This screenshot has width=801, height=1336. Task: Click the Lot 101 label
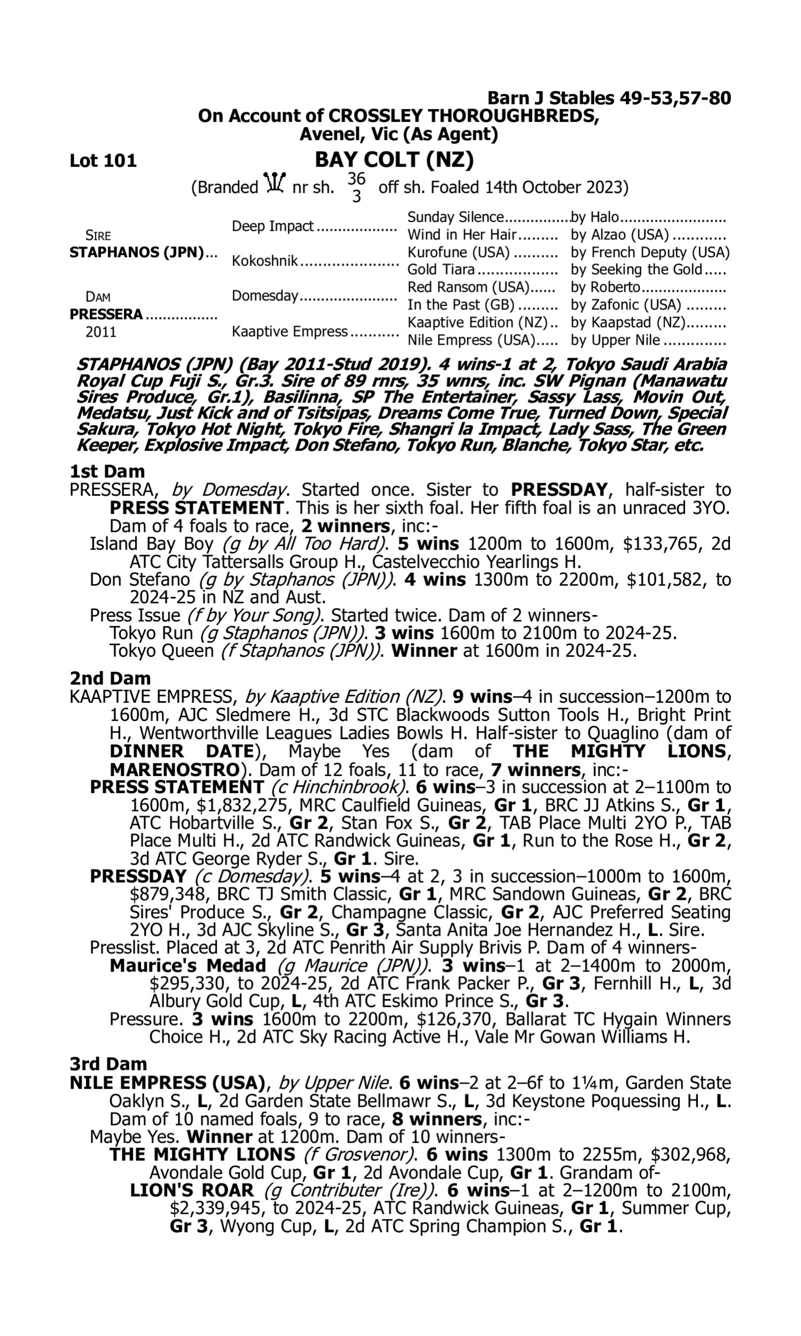click(103, 161)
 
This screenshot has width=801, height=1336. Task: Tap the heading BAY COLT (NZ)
click(394, 160)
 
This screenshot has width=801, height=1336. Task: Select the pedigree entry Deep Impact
click(272, 226)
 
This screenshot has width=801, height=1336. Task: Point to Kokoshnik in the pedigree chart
click(264, 261)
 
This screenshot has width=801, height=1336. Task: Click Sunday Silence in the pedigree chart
click(455, 217)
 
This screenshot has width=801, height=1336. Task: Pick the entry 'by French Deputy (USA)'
click(650, 252)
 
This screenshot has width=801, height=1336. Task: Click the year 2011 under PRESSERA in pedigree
click(101, 331)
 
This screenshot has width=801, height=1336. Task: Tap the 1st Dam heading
click(107, 471)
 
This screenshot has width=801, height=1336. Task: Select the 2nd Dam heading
click(110, 678)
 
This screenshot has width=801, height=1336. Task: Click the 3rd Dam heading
click(108, 1064)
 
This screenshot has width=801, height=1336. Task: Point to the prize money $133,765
click(663, 544)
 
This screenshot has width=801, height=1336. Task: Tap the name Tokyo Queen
click(161, 651)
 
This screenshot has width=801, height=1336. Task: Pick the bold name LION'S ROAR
click(192, 1190)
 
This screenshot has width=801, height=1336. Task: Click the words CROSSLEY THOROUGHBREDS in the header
click(464, 115)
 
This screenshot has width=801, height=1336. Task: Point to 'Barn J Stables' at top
click(551, 98)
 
